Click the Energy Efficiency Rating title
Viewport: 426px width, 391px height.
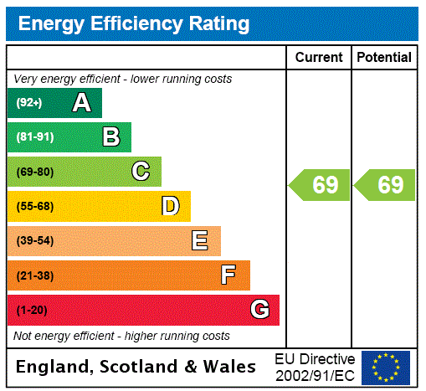point(134,23)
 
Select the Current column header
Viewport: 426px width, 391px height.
point(319,58)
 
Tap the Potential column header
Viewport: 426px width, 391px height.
point(384,58)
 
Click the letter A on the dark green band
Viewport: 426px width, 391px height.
point(81,103)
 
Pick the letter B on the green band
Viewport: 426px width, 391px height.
point(110,137)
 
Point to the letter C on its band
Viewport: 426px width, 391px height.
point(141,172)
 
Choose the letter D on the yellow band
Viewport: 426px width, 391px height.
point(170,206)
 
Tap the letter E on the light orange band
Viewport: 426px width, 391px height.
point(200,241)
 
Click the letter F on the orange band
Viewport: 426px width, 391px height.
point(228,275)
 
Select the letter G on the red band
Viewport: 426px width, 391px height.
point(259,310)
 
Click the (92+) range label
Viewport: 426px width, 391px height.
point(29,103)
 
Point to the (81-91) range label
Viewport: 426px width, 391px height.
point(34,137)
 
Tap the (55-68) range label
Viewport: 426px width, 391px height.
point(34,206)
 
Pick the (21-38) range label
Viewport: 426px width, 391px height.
point(34,275)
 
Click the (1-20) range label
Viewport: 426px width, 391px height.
point(32,310)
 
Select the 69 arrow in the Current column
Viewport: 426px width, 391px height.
point(321,185)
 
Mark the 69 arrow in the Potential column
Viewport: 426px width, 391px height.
point(386,185)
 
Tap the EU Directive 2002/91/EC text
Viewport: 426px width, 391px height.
point(315,367)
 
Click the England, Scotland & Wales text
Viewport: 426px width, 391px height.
point(136,367)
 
